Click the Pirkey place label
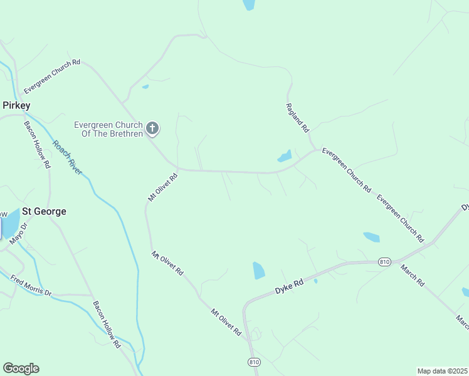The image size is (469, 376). coord(16,105)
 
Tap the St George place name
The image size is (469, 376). coord(44,211)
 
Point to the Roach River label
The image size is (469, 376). coord(67,157)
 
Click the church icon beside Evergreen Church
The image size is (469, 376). coord(152,129)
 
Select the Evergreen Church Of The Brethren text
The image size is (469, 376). coord(108,129)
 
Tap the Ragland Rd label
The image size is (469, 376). coord(298,117)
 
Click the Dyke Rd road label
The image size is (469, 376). coord(289,288)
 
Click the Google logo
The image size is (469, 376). coord(21,368)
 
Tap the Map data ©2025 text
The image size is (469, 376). coord(442,371)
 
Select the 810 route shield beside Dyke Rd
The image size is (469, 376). coord(385,262)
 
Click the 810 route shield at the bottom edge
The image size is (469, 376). coord(253,362)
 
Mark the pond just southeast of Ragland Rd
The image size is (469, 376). coord(285,156)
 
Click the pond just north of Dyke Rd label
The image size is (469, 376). coord(258,271)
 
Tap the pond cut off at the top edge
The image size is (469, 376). coord(249,4)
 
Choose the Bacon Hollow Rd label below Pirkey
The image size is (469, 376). coord(37,143)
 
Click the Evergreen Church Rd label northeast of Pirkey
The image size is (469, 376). coord(53,76)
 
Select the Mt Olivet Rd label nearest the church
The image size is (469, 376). coord(163,187)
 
